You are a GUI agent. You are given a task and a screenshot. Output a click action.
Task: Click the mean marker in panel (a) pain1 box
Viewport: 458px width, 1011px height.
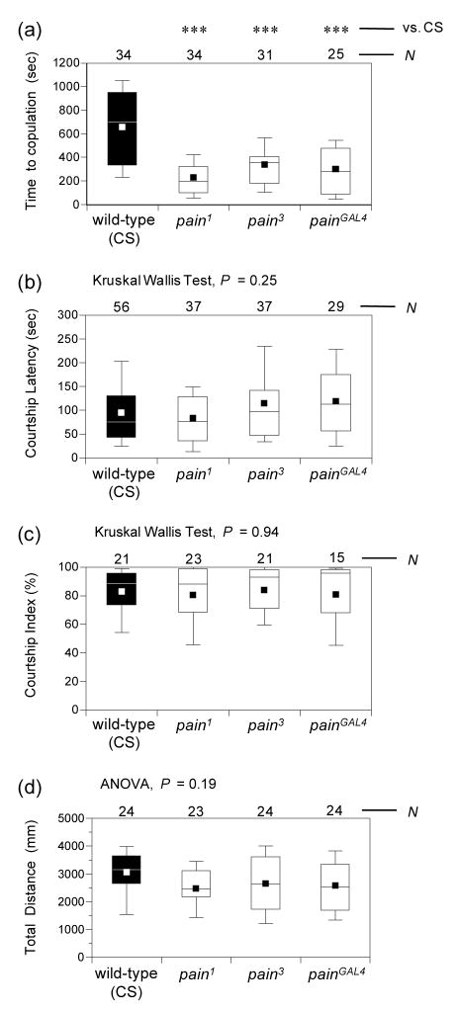click(x=194, y=178)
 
